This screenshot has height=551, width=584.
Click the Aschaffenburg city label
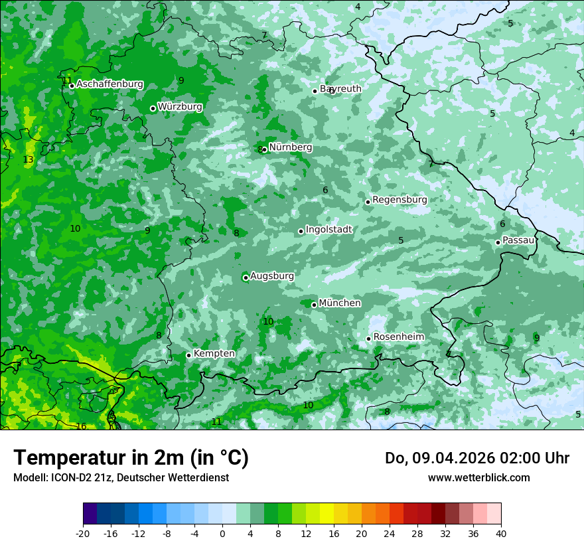coord(110,84)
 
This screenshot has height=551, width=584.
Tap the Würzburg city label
coord(180,107)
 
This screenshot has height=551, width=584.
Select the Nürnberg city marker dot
coord(265,149)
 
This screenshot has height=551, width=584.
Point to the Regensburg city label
coord(400,200)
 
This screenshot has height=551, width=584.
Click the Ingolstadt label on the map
coord(328,230)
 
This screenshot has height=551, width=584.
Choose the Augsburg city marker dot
coord(246,277)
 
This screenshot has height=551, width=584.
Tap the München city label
coord(340,303)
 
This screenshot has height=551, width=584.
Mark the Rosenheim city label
coord(398,337)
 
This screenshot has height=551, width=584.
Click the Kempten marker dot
coord(188,355)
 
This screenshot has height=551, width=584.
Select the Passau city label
coord(518,240)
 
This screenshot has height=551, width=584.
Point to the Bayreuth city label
coord(341,89)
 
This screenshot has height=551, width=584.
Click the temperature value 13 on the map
coord(28,160)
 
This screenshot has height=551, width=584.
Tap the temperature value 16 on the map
coord(81,426)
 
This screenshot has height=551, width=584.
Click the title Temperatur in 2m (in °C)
coord(131,458)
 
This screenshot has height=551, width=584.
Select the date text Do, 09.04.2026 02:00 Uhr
coord(476,458)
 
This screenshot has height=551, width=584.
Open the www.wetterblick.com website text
coord(478,478)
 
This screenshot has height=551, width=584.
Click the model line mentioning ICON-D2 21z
coord(121,478)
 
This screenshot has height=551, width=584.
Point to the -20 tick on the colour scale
coord(83,533)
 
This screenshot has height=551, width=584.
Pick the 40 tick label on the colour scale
coord(500,533)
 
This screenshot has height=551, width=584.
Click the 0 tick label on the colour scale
coord(222,533)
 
